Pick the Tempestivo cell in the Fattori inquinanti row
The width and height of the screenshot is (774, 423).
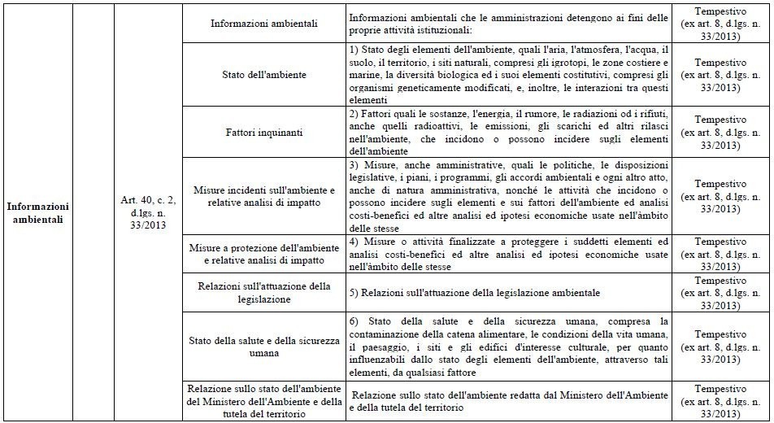click(720, 130)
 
